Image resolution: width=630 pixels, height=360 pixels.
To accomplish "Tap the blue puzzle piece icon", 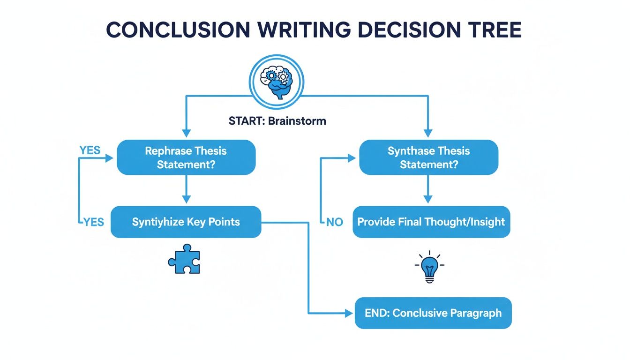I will tap(184, 259).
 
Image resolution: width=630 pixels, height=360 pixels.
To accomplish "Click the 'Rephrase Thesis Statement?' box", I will tap(186, 157).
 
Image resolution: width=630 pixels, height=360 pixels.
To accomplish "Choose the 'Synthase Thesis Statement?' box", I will tap(428, 157).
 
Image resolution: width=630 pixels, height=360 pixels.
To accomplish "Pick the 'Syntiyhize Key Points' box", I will tap(186, 222).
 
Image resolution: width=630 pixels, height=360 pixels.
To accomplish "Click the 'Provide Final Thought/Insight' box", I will tap(431, 222).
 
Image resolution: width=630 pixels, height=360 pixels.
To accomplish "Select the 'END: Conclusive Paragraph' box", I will tap(433, 313).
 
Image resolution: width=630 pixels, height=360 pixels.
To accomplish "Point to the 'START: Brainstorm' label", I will tap(277, 120).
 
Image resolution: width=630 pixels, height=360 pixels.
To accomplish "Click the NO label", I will tap(335, 222).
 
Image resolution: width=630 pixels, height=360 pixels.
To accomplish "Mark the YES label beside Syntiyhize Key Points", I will tap(94, 222).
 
